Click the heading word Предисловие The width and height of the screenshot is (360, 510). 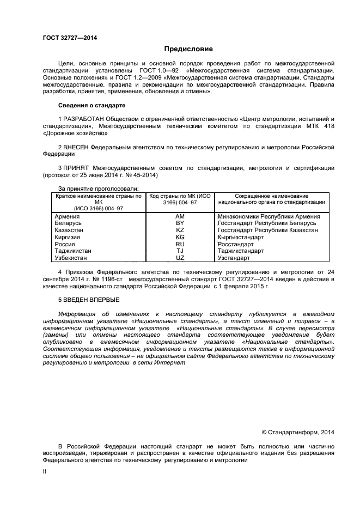click(180, 49)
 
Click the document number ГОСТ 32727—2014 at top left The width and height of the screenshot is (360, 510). click(70, 38)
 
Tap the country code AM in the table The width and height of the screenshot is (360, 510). click(180, 216)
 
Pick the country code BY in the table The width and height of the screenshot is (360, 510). click(180, 223)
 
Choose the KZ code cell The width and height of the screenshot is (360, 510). click(180, 230)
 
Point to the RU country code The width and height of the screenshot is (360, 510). click(180, 244)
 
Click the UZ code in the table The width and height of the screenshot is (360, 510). click(180, 258)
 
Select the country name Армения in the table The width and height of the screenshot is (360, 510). click(69, 216)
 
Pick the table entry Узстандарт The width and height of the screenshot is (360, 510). click(234, 258)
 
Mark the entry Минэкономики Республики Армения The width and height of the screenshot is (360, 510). click(269, 216)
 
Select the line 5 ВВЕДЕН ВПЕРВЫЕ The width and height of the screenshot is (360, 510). click(89, 300)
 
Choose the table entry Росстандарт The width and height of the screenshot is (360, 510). click(236, 244)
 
